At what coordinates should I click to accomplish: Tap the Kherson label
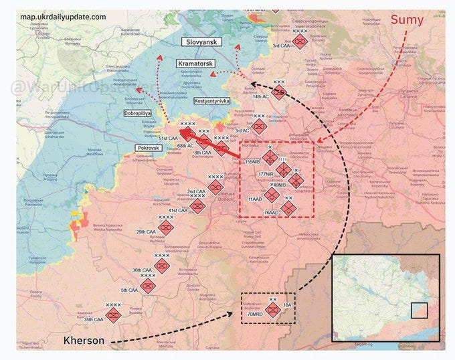tap(84, 341)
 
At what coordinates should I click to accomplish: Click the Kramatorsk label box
tap(195, 63)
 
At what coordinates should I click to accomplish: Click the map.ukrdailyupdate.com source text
tap(63, 16)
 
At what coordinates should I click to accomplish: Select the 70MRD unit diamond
tap(272, 310)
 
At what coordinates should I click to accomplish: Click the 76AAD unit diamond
tap(288, 209)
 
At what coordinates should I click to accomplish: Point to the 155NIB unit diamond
tap(270, 157)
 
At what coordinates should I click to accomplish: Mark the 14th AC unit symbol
tap(278, 92)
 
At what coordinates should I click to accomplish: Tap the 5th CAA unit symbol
tap(148, 286)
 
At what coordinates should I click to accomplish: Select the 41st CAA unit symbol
tap(197, 206)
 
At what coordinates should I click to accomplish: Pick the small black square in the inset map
tap(419, 311)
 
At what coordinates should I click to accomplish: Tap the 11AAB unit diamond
tap(270, 195)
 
